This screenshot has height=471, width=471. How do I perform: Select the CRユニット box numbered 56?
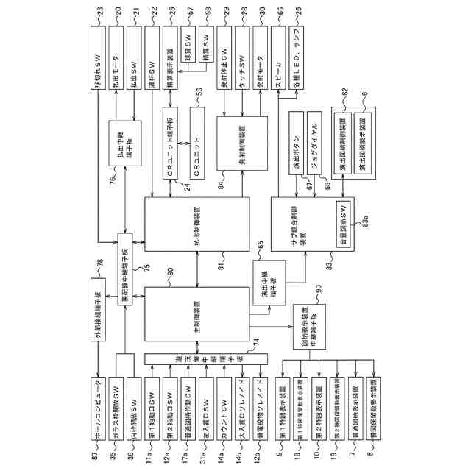(x=196, y=141)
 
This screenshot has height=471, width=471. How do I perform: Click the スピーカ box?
(x=278, y=58)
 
